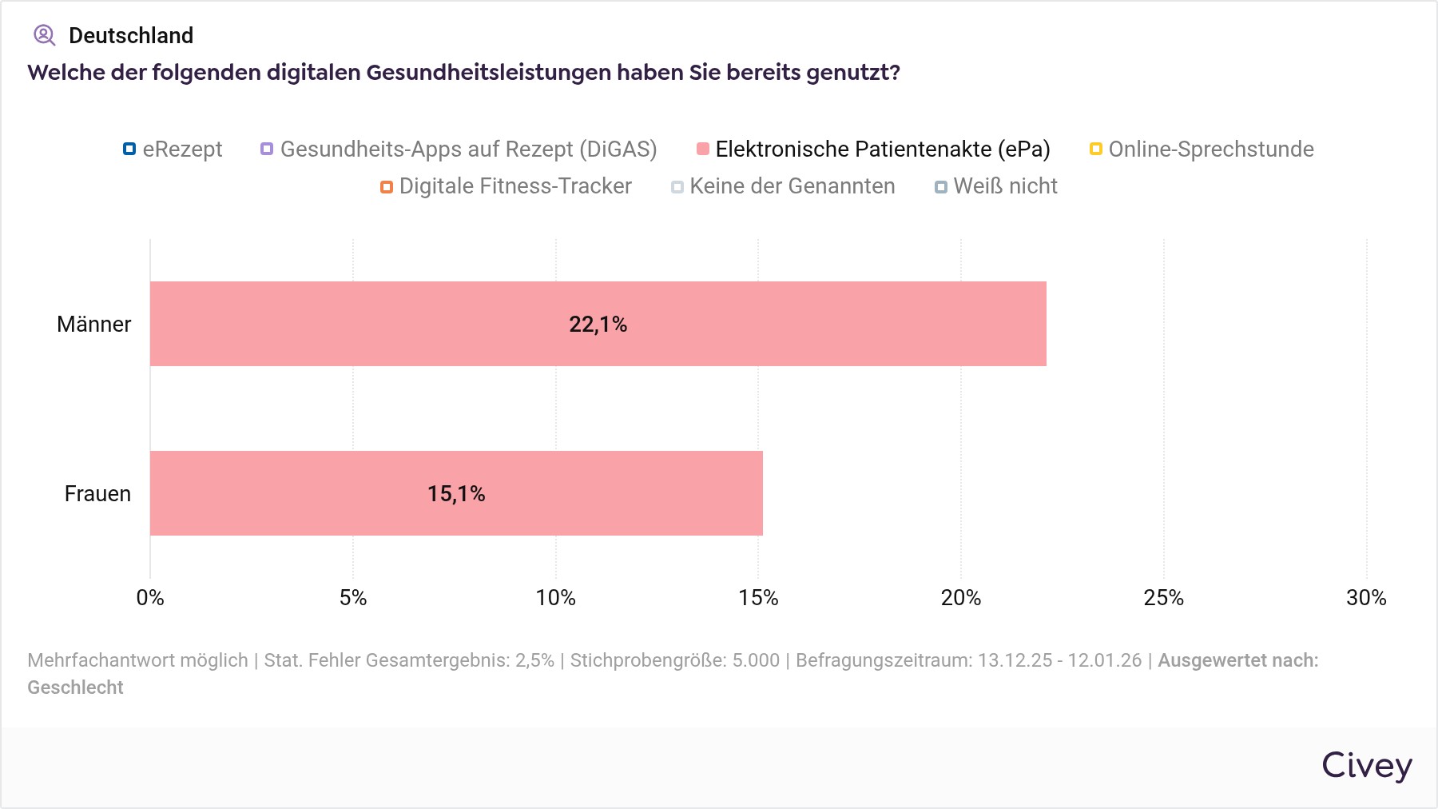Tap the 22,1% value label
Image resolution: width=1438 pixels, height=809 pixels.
click(x=598, y=325)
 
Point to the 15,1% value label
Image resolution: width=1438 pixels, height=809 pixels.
click(x=456, y=494)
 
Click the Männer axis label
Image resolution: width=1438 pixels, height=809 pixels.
click(x=93, y=325)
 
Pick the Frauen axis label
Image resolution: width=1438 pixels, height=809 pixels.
click(x=97, y=494)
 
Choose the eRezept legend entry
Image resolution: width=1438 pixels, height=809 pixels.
click(x=173, y=149)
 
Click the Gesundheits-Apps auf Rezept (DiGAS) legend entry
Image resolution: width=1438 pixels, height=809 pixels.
click(x=459, y=149)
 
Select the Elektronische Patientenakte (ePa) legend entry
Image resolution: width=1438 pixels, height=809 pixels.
click(x=874, y=149)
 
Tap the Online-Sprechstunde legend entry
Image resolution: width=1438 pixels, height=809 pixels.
click(x=1202, y=149)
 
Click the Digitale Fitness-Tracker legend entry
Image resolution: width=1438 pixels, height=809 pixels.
click(x=506, y=186)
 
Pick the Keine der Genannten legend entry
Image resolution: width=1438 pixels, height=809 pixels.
click(x=784, y=186)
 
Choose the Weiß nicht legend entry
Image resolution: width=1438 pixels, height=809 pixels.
click(x=996, y=186)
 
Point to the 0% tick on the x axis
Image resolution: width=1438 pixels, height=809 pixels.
click(x=150, y=598)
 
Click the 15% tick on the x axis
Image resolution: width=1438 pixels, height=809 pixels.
click(x=758, y=598)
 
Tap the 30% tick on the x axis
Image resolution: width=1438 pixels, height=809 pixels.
click(x=1366, y=598)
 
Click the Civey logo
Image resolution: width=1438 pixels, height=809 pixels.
click(x=1366, y=766)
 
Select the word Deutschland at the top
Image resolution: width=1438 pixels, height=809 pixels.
click(x=131, y=36)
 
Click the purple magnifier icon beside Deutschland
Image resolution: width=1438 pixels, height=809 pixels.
click(x=44, y=35)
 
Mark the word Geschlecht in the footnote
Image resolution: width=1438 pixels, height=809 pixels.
click(x=75, y=687)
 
